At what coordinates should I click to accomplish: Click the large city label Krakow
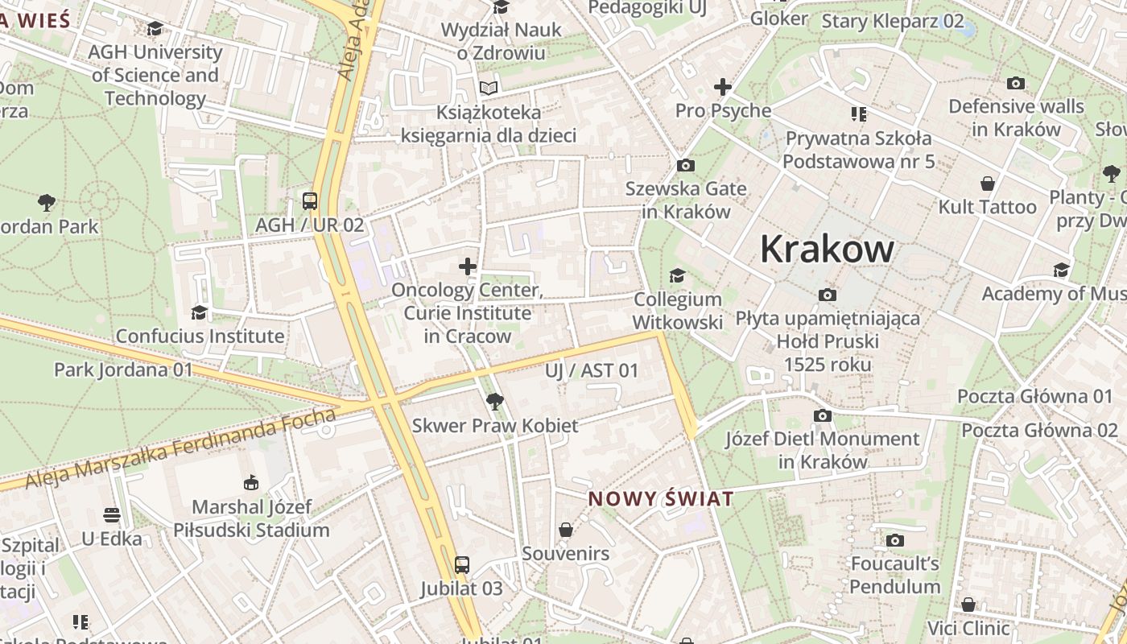[827, 249]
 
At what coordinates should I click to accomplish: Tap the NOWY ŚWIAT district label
[660, 498]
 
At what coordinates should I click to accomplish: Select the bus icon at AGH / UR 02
[309, 200]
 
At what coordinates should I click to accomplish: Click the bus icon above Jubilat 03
[461, 564]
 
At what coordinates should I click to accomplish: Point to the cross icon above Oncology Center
[467, 266]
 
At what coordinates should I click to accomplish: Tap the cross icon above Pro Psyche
[723, 87]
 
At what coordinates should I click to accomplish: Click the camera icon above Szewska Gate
[686, 166]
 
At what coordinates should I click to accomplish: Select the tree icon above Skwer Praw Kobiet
[494, 401]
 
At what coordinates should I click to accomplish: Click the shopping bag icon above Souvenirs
[566, 530]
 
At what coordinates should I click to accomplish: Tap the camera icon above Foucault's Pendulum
[894, 540]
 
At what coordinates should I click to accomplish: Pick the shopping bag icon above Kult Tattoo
[987, 184]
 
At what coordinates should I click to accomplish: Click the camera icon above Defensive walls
[1016, 83]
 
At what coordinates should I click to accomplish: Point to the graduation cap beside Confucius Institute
[199, 312]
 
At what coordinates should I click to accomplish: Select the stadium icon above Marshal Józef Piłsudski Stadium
[251, 483]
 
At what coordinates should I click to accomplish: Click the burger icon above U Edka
[112, 515]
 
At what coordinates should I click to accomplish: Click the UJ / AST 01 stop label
[591, 371]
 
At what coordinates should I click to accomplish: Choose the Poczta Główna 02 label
[1039, 430]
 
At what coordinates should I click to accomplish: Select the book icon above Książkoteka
[489, 88]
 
